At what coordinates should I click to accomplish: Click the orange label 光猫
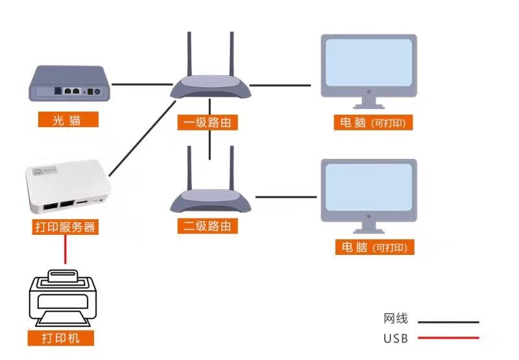pos(68,119)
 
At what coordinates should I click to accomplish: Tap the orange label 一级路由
pos(208,123)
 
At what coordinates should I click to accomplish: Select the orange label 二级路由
pos(208,226)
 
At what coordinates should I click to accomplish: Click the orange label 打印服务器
pos(66,227)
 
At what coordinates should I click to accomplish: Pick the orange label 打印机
pos(60,338)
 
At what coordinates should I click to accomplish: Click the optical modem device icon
pos(69,84)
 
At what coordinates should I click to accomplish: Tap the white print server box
pos(69,186)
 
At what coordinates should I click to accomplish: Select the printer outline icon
pos(63,298)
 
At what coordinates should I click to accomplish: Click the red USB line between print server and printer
pos(66,249)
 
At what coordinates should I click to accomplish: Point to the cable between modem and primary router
pos(142,84)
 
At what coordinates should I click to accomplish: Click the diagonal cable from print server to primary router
pos(142,139)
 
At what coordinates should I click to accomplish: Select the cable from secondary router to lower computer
pos(286,197)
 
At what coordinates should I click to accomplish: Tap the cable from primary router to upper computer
pos(280,86)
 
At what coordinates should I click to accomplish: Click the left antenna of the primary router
pos(189,54)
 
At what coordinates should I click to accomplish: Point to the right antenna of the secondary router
pos(232,168)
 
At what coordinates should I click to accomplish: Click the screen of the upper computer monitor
pos(368,62)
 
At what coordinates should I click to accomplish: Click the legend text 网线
pos(396,318)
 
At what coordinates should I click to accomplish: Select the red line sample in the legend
pos(448,338)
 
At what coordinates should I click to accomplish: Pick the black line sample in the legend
pos(448,322)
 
